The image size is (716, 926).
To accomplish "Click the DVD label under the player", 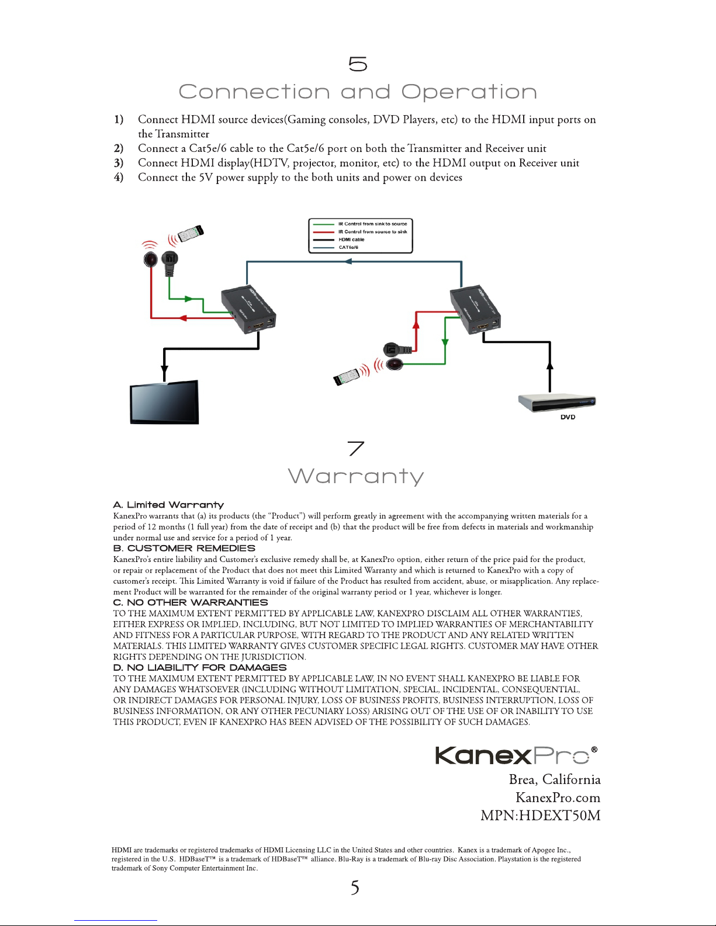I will click(x=568, y=417).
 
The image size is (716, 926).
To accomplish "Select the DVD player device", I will click(x=556, y=403).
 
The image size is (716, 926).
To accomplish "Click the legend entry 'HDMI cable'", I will click(x=351, y=240).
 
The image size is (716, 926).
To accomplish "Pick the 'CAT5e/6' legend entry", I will click(x=348, y=247).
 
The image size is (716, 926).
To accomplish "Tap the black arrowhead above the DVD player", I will click(x=549, y=366).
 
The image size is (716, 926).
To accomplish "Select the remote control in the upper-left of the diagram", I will click(x=190, y=233).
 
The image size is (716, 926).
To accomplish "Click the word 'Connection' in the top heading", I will click(x=254, y=92).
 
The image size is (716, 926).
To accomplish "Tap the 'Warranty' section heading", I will click(x=356, y=476).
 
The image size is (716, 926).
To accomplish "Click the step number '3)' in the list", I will click(x=119, y=163).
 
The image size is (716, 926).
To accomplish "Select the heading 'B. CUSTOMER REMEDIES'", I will click(x=184, y=549).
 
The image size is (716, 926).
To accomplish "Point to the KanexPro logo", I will click(x=516, y=755).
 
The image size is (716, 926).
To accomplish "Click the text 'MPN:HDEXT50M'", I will click(x=540, y=816).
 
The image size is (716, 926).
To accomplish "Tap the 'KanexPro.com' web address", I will click(x=558, y=797).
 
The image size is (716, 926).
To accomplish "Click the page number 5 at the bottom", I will click(x=355, y=889).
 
